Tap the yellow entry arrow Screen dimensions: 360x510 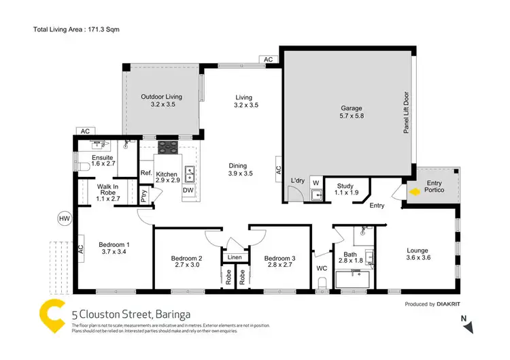[x=414, y=192]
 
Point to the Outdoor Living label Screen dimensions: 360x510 [x=161, y=101]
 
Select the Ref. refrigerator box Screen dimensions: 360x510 [x=146, y=174]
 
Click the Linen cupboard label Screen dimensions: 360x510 [x=235, y=257]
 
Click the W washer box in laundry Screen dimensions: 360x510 [x=316, y=182]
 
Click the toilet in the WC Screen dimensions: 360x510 [x=323, y=282]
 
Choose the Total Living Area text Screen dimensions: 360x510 [x=75, y=29]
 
